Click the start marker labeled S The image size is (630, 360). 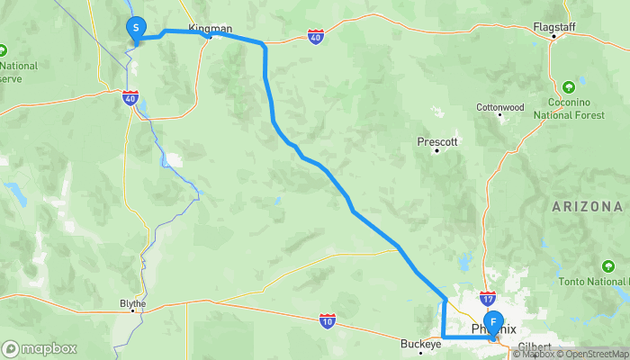135,29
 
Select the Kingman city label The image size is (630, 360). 211,28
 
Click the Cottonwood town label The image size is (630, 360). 499,107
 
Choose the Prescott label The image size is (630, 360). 438,141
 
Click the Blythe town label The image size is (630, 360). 132,303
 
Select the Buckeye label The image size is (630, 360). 420,344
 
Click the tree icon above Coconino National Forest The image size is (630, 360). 569,88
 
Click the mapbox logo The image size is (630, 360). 40,348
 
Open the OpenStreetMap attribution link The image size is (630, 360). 594,354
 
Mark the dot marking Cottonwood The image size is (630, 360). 500,118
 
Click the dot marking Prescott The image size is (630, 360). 436,151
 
